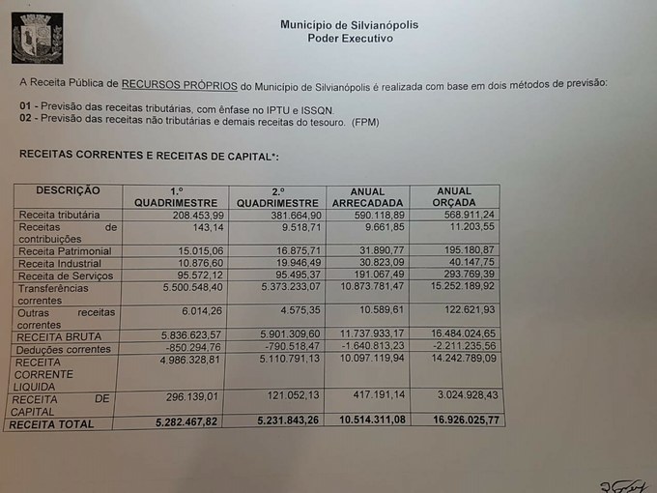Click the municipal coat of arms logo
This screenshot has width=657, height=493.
[x=37, y=39]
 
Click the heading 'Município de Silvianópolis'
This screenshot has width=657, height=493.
[x=349, y=24]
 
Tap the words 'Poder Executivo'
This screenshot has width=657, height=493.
[x=350, y=39]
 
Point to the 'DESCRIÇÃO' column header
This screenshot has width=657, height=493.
[x=68, y=190]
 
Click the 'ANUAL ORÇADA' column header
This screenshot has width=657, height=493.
[x=455, y=196]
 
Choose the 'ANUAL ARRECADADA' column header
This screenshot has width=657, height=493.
[x=367, y=196]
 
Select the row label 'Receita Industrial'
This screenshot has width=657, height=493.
[x=59, y=263]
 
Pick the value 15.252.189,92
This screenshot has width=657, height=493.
[x=460, y=288]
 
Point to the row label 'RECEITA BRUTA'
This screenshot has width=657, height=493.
[x=57, y=335]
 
